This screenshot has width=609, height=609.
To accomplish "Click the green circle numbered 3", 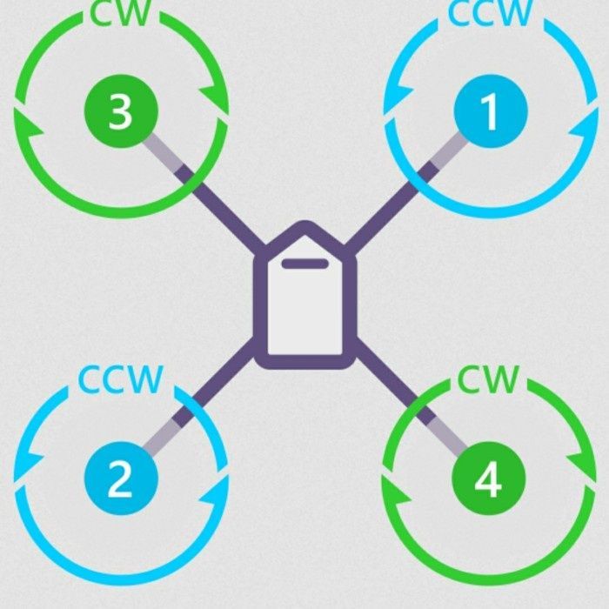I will click(x=121, y=111).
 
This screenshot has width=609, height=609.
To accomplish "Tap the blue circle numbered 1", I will click(x=490, y=113).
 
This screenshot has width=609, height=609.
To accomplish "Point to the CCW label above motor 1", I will click(x=489, y=13).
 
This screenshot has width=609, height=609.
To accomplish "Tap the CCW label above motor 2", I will click(x=121, y=379).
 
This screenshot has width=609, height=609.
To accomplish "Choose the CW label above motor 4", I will click(x=488, y=379).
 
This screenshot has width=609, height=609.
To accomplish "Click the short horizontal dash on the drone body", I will click(x=304, y=263).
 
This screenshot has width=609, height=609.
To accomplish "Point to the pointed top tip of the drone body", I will click(x=304, y=229).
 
